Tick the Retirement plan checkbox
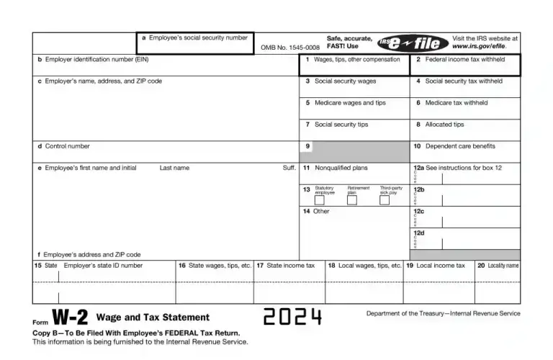pyautogui.click(x=351, y=200)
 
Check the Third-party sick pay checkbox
pyautogui.click(x=385, y=200)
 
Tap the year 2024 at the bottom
pyautogui.click(x=292, y=317)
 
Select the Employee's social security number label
pyautogui.click(x=198, y=37)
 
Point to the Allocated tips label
pyautogui.click(x=444, y=125)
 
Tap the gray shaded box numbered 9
pyautogui.click(x=354, y=151)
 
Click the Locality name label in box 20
pyautogui.click(x=503, y=266)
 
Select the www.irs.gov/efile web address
pyautogui.click(x=485, y=46)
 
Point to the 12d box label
pyautogui.click(x=418, y=233)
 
